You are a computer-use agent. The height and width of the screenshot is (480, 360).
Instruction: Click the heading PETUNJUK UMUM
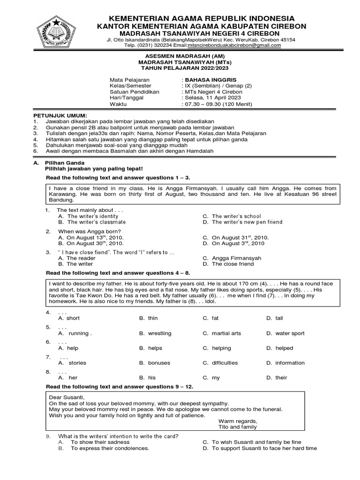pos(60,115)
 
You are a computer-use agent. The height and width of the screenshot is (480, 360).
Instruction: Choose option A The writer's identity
pos(93,217)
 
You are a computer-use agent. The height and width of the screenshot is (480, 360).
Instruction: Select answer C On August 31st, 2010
pos(240,238)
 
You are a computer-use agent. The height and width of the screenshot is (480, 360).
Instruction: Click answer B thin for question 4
pos(153,318)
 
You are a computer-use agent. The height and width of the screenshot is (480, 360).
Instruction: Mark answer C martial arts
pos(226,333)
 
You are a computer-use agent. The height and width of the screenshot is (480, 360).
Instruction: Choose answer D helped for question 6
pos(284,348)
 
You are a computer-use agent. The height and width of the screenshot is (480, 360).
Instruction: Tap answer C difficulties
pos(225,363)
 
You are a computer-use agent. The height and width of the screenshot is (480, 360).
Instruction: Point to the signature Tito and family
pos(238,427)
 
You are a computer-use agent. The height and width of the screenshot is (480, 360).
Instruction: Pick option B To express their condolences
pos(110,449)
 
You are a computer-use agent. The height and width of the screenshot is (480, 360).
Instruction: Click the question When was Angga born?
pos(90,232)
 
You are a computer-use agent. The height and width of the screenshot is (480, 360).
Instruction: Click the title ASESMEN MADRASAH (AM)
pos(180,56)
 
